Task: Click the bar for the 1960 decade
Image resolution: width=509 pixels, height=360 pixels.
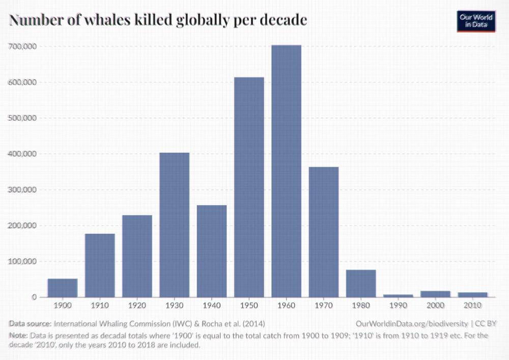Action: coord(286,171)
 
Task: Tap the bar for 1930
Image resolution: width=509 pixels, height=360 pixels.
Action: coord(174,225)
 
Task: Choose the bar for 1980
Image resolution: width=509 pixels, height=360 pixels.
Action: coord(360,283)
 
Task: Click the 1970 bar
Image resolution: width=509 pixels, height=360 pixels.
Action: coord(323,232)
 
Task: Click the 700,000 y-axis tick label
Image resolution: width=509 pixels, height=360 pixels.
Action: coord(23,46)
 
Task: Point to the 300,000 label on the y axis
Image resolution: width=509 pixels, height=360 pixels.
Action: coord(23,189)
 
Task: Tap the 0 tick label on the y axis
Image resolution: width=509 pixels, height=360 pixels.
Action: coord(34,297)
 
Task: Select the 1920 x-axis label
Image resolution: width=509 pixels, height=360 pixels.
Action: coord(137,306)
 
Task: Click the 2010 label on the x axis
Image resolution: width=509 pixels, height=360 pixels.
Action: coord(472,306)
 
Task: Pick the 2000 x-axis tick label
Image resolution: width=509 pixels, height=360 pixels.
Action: coord(435,306)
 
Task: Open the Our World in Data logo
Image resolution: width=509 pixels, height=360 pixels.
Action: coord(476,21)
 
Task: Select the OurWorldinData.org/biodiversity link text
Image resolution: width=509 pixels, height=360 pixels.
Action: coord(411,323)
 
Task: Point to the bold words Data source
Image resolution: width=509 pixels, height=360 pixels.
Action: coord(30,323)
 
